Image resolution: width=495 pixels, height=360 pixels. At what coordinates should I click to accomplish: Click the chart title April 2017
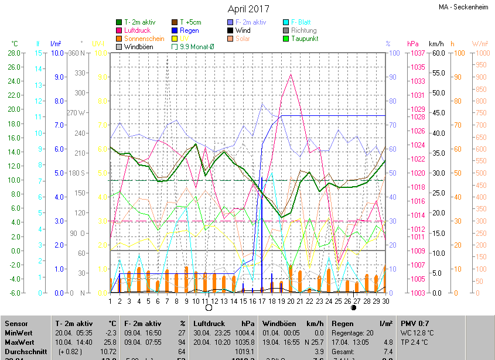click(x=248, y=9)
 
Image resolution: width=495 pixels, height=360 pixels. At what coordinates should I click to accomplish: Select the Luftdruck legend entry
click(x=137, y=30)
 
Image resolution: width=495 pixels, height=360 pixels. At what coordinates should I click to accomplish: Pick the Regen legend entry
click(x=189, y=30)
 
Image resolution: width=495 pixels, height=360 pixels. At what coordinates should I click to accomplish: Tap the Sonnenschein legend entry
click(x=144, y=39)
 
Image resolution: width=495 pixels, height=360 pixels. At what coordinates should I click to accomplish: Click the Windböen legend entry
click(x=138, y=47)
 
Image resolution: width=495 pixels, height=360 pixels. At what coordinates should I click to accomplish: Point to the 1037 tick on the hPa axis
click(x=418, y=53)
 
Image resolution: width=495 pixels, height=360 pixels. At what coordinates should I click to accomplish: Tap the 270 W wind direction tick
click(x=76, y=113)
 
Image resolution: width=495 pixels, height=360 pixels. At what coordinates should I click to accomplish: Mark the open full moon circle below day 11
click(x=208, y=307)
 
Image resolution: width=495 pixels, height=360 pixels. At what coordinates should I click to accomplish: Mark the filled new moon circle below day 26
click(x=354, y=307)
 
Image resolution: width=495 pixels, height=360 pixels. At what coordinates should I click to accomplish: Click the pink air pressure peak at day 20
click(x=291, y=74)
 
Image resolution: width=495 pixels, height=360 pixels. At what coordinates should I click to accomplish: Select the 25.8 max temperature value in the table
click(x=108, y=342)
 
